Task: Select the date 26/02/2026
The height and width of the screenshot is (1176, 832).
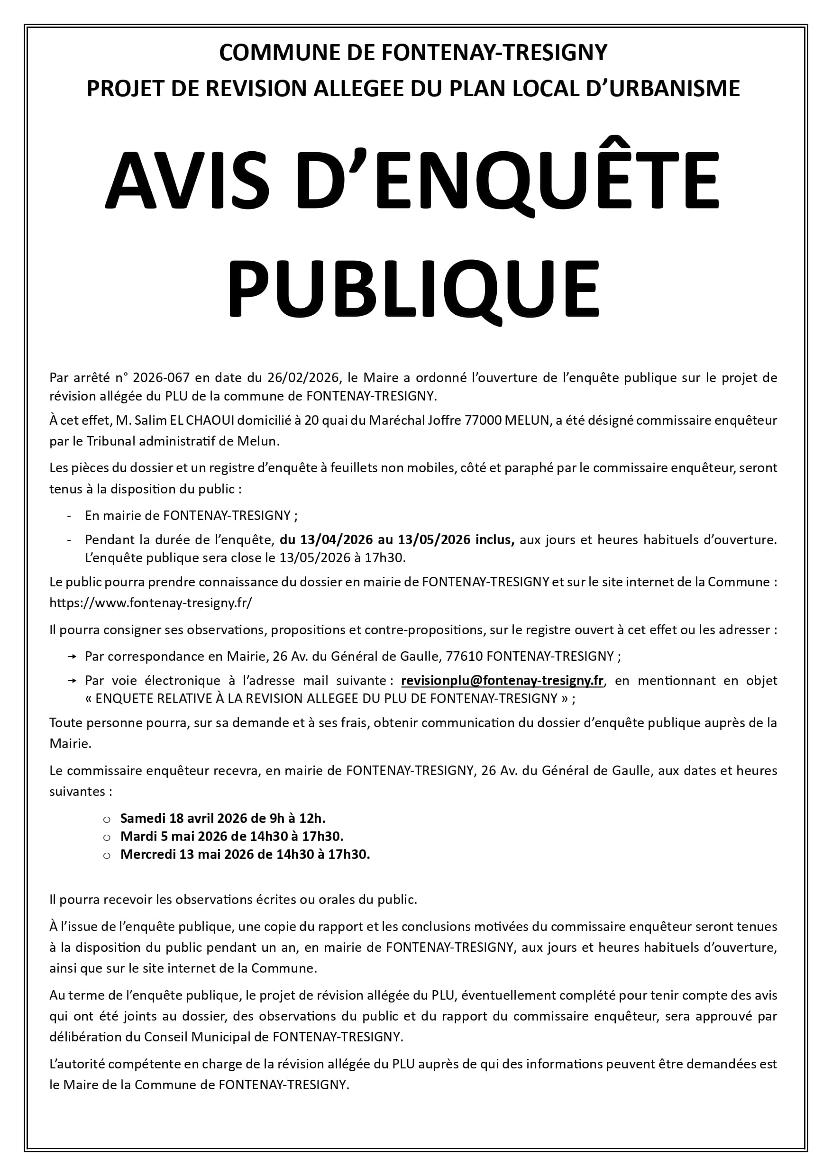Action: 304,378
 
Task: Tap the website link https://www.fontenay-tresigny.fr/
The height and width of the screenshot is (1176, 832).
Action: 151,603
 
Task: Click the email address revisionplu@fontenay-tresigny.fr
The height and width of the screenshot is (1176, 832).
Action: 502,681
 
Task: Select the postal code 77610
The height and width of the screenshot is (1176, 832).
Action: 464,656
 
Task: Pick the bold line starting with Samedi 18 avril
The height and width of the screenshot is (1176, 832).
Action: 223,818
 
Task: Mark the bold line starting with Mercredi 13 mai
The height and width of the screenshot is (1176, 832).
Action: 245,854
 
